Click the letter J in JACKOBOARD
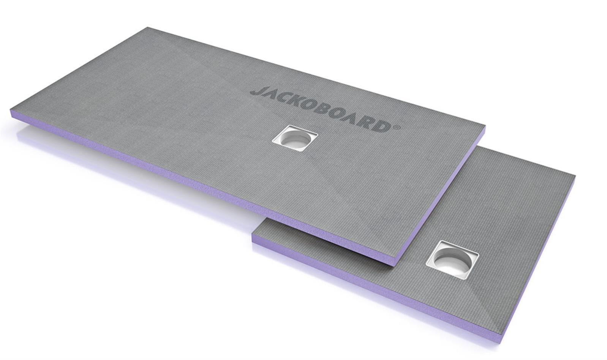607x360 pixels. pos(256,92)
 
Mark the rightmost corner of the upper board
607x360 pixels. pos(485,127)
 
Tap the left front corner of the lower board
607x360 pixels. pos(253,239)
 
